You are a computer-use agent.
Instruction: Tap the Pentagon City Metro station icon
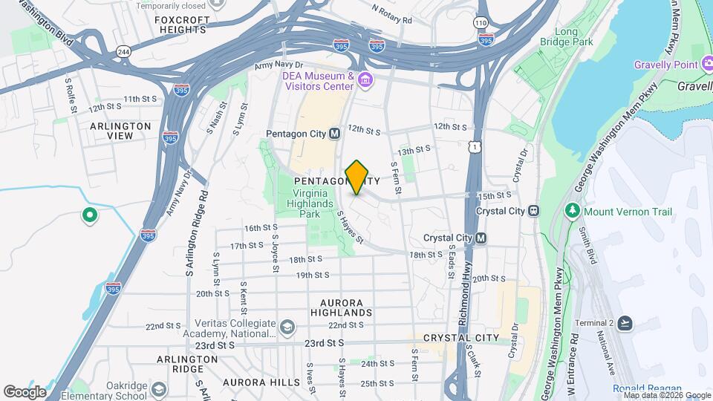coord(334,134)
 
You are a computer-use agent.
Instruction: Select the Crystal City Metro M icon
coord(481,238)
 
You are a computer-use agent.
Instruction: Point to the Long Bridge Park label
coord(575,37)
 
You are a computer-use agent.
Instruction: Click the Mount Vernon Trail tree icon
coord(572,212)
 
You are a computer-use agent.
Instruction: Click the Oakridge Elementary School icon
coord(158,389)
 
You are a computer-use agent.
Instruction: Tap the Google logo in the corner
coord(25,391)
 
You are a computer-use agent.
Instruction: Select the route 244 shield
coord(123,50)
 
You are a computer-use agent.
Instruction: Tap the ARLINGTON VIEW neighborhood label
coord(120,131)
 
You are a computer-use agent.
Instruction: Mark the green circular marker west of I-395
coord(90,216)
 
